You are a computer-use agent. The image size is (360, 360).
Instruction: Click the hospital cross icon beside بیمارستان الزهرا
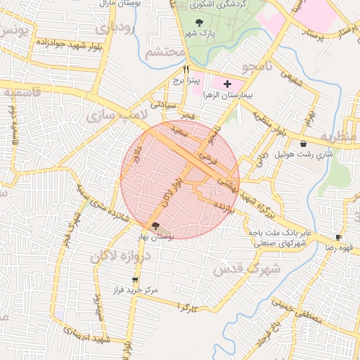coord(226,84)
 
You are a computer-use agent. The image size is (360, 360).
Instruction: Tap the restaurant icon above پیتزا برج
coord(186,69)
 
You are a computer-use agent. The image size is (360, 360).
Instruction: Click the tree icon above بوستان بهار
coord(155,226)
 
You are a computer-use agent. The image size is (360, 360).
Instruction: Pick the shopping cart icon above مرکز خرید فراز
coord(135,280)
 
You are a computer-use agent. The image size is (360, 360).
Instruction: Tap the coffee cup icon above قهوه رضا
coord(338,238)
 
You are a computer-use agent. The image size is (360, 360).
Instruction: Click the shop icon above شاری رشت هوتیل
coord(303,143)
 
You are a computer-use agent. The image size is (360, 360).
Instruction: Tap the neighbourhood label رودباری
coord(112,30)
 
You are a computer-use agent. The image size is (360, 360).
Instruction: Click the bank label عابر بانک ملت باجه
coord(284,231)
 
